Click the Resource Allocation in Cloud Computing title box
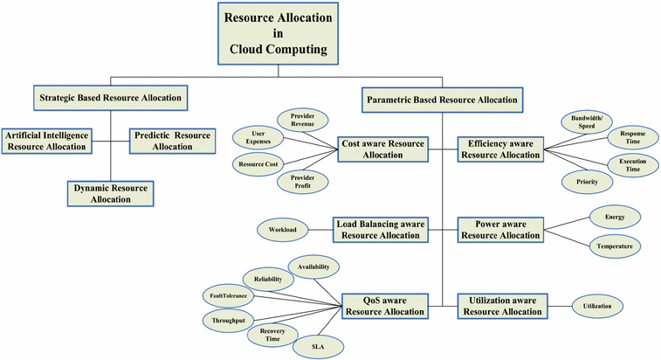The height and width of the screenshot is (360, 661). pos(278,33)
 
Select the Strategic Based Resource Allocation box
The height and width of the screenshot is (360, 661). pos(110,98)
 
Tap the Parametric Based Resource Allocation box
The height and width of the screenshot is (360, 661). pos(441,100)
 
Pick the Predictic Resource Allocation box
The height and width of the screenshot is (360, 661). pos(172,141)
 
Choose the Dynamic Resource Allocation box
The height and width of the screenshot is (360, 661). pos(109,193)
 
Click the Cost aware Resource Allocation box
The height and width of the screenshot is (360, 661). pos(383,149)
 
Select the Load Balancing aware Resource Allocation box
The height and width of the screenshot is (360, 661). pos(380,230)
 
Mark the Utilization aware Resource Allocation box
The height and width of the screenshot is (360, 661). pos(502,305)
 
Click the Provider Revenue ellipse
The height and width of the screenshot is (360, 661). pos(301,121)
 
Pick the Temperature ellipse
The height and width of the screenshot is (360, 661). pos(614,247)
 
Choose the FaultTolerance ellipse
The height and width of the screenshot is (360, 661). pos(229,295)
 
